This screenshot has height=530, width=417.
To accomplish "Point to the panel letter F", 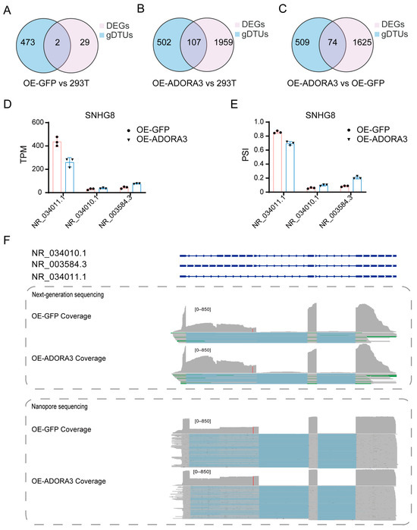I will tap(8, 240).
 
